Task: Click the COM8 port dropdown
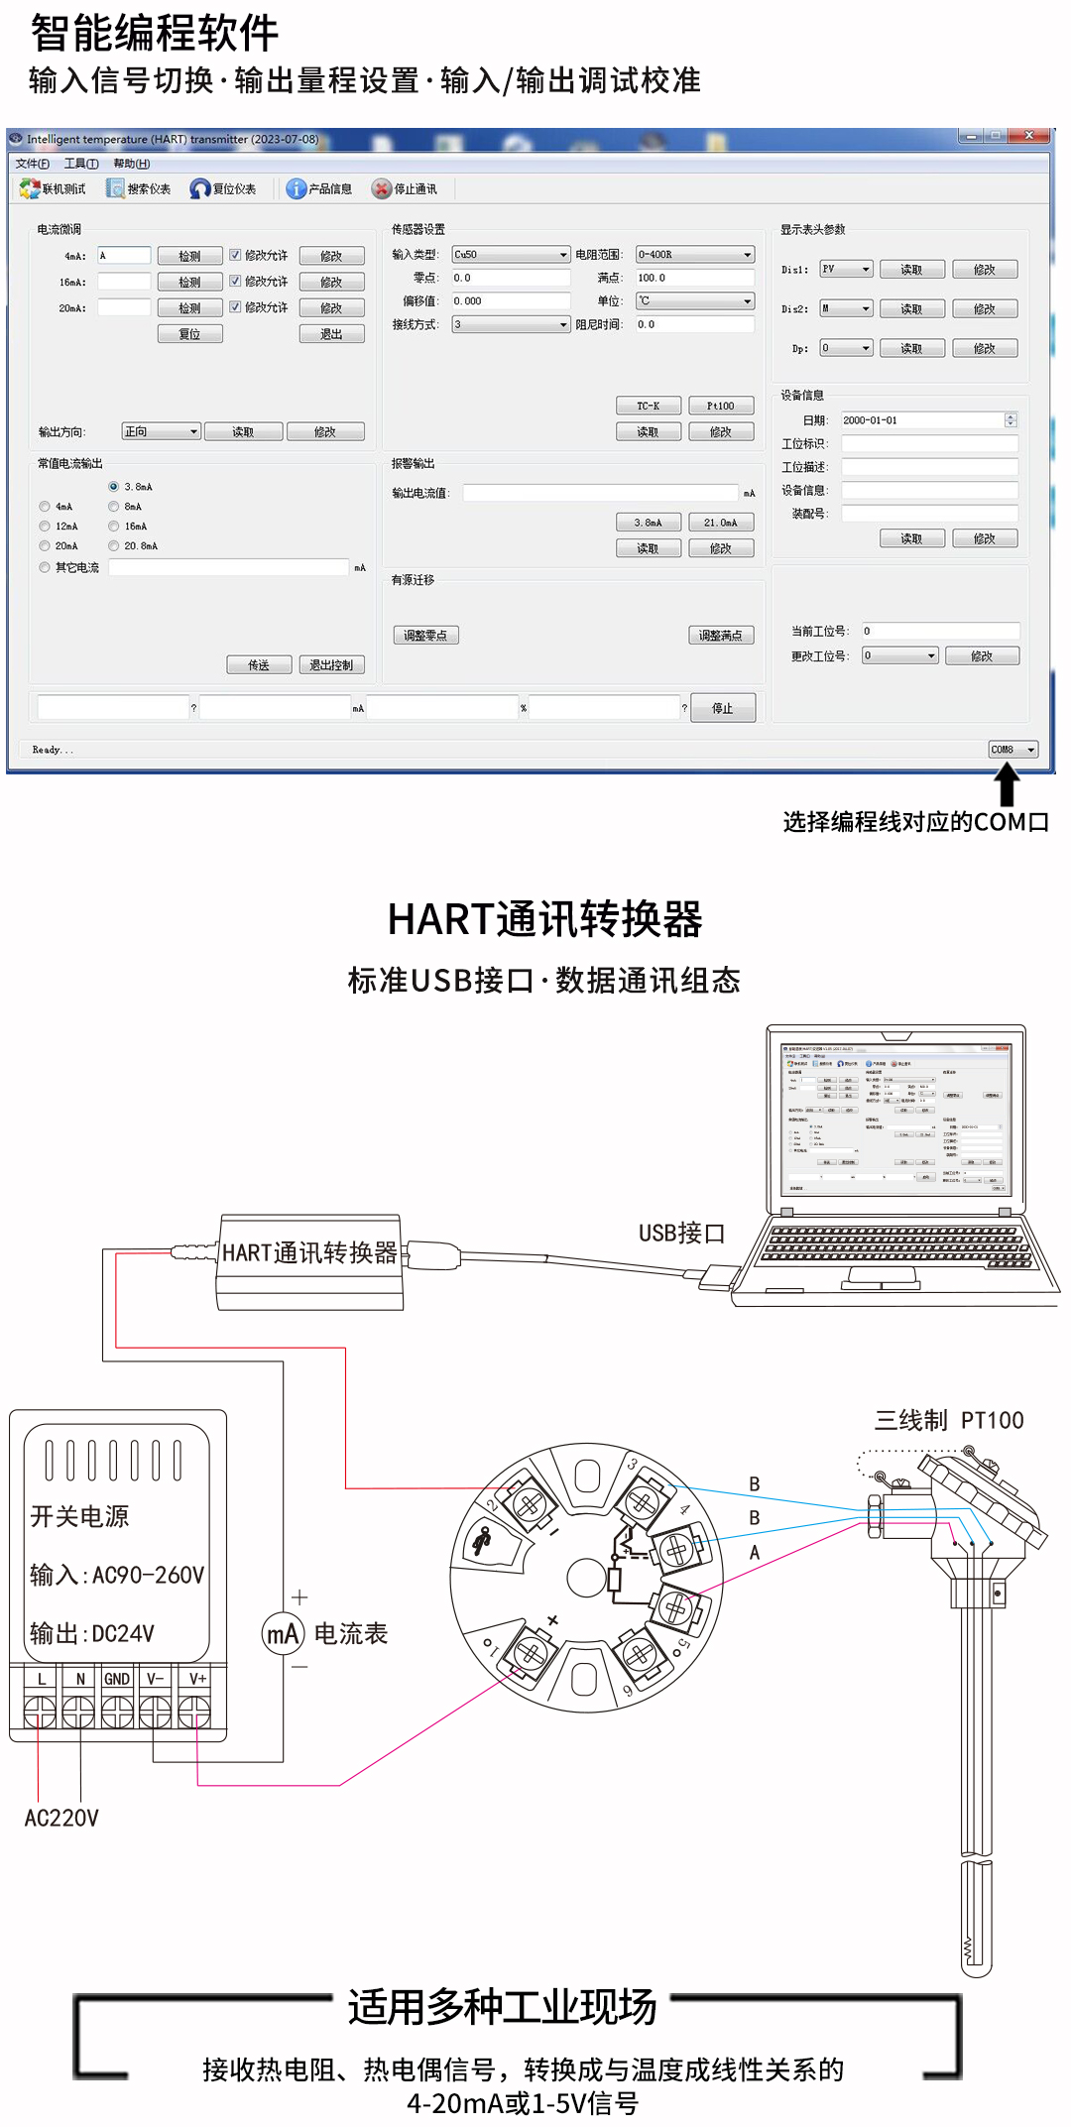pyautogui.click(x=1012, y=750)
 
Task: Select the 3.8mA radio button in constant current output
pyautogui.click(x=114, y=487)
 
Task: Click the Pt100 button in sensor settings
pyautogui.click(x=721, y=406)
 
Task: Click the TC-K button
pyautogui.click(x=648, y=406)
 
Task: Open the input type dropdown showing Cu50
pyautogui.click(x=511, y=255)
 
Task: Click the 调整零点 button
pyautogui.click(x=425, y=636)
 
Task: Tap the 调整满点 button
pyautogui.click(x=721, y=636)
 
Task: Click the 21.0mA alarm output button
pyautogui.click(x=721, y=523)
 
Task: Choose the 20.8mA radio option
pyautogui.click(x=114, y=546)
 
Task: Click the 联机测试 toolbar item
pyautogui.click(x=54, y=188)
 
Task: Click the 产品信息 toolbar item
pyautogui.click(x=319, y=188)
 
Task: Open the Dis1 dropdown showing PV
pyautogui.click(x=846, y=270)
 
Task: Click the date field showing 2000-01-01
pyautogui.click(x=922, y=420)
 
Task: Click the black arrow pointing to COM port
pyautogui.click(x=1008, y=785)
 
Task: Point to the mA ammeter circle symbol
pyautogui.click(x=283, y=1633)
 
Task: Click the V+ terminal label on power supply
pyautogui.click(x=197, y=1679)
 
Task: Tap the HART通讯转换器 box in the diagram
pyautogui.click(x=309, y=1253)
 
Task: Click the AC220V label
pyautogui.click(x=61, y=1818)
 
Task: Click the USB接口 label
pyautogui.click(x=681, y=1234)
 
